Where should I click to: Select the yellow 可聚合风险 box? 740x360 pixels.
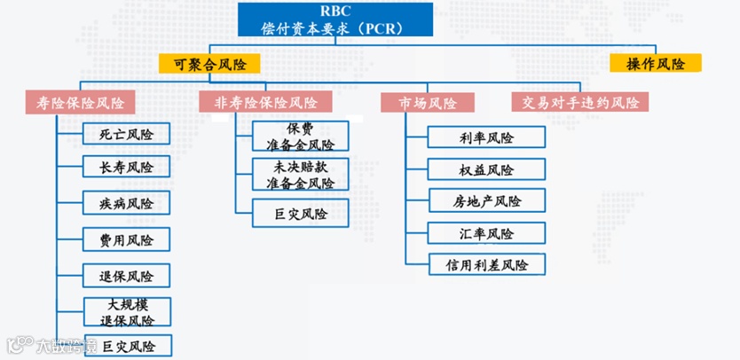[x=209, y=64]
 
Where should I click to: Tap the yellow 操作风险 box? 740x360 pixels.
[x=656, y=64]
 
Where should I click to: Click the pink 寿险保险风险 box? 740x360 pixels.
[x=81, y=103]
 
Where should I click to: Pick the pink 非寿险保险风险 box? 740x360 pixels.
[x=265, y=103]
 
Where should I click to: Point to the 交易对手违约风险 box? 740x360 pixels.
[x=580, y=103]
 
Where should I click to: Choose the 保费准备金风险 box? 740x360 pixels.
[x=300, y=136]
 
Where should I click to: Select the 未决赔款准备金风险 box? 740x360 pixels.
[x=300, y=176]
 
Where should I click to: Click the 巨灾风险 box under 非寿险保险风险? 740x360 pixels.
[x=300, y=214]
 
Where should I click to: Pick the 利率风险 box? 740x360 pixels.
[x=486, y=137]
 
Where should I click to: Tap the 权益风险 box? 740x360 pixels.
[x=486, y=169]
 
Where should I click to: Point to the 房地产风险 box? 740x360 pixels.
[x=486, y=201]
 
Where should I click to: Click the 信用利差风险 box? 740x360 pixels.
[x=486, y=264]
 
